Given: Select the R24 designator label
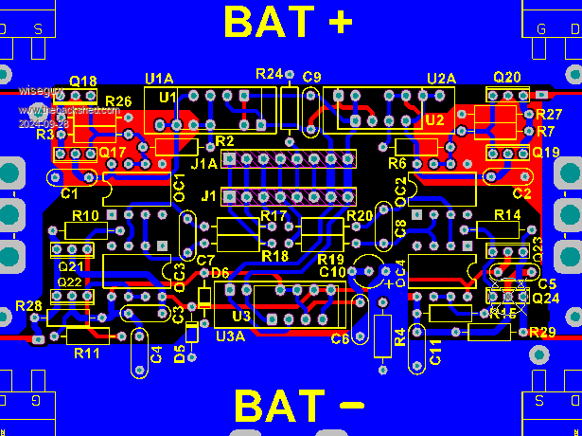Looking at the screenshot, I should pyautogui.click(x=269, y=74).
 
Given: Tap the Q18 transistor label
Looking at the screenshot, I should pyautogui.click(x=83, y=82).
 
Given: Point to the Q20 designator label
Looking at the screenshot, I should pyautogui.click(x=507, y=77).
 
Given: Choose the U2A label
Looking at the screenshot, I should pyautogui.click(x=442, y=77).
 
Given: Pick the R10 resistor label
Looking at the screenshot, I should pyautogui.click(x=85, y=216).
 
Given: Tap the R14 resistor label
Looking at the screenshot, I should pyautogui.click(x=507, y=216).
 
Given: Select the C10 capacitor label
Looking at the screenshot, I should pyautogui.click(x=332, y=272).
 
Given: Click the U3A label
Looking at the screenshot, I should pyautogui.click(x=231, y=335).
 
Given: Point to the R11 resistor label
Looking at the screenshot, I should pyautogui.click(x=86, y=353).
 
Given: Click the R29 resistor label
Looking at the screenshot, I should pyautogui.click(x=542, y=332).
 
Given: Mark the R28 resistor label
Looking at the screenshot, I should pyautogui.click(x=28, y=305).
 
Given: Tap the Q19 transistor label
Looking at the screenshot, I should pyautogui.click(x=546, y=152).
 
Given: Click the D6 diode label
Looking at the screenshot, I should pyautogui.click(x=220, y=273).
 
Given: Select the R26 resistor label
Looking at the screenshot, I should pyautogui.click(x=118, y=101).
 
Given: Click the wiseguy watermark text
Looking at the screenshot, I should pyautogui.click(x=43, y=92).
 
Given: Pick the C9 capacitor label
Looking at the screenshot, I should pyautogui.click(x=312, y=76).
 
